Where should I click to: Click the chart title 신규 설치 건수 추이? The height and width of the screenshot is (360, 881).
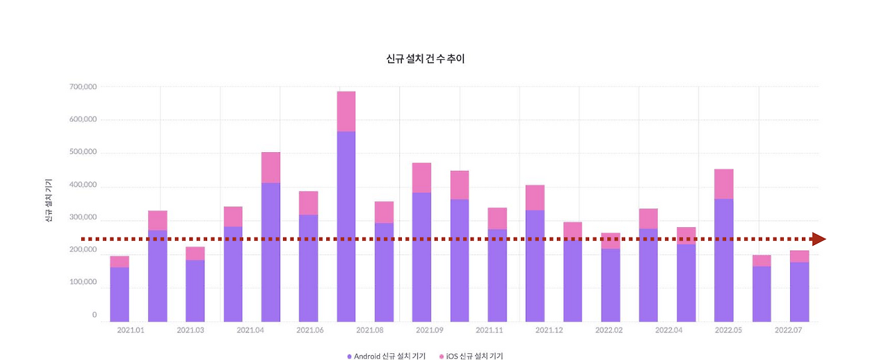click(x=426, y=59)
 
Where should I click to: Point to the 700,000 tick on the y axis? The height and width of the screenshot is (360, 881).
click(x=83, y=87)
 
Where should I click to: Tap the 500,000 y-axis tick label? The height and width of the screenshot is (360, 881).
click(x=83, y=152)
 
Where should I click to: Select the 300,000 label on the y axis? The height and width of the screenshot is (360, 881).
click(x=83, y=218)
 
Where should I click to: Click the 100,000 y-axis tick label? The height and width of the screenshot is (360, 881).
click(x=83, y=283)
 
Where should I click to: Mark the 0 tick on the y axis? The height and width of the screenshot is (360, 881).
click(x=94, y=315)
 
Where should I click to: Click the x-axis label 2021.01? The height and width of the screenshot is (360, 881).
click(x=131, y=330)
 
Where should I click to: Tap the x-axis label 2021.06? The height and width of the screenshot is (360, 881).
click(x=310, y=330)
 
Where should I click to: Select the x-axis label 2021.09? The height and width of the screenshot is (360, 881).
click(x=430, y=330)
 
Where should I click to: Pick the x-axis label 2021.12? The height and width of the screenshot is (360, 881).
click(x=549, y=330)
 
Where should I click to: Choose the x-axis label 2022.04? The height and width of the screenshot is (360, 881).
click(x=668, y=330)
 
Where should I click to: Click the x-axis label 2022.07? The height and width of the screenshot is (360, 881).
click(x=788, y=330)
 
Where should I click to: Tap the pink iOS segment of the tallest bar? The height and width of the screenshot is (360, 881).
click(x=346, y=111)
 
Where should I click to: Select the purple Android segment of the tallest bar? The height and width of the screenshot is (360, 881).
click(x=346, y=227)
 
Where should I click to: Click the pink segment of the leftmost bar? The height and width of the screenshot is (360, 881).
click(x=119, y=262)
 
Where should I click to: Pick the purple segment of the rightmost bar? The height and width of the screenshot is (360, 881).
click(x=799, y=291)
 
